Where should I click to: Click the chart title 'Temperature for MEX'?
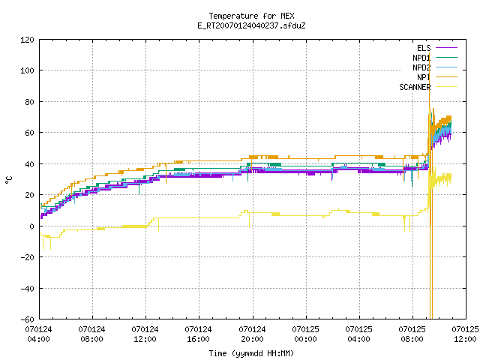point(251,16)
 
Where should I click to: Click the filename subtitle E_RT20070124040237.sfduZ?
point(251,25)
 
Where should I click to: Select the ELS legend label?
point(424,48)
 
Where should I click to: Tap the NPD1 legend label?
point(421,58)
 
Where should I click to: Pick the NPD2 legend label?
point(421,67)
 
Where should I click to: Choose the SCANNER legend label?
point(415,87)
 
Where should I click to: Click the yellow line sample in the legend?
point(446,87)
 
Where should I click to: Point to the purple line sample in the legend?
point(446,48)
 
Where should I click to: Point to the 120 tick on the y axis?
point(27,40)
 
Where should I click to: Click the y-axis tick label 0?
point(31,226)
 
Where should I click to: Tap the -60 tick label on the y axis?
point(27,319)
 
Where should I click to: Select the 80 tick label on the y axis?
point(29,102)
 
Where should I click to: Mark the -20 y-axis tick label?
point(27,257)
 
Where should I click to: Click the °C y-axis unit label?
point(9,180)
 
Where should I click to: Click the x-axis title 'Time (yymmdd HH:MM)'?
point(251,353)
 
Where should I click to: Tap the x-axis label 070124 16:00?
point(198,334)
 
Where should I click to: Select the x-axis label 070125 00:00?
point(305,334)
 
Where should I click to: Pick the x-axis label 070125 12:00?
point(465,334)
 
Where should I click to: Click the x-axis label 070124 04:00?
point(38,334)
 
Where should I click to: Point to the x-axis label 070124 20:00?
point(252,334)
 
